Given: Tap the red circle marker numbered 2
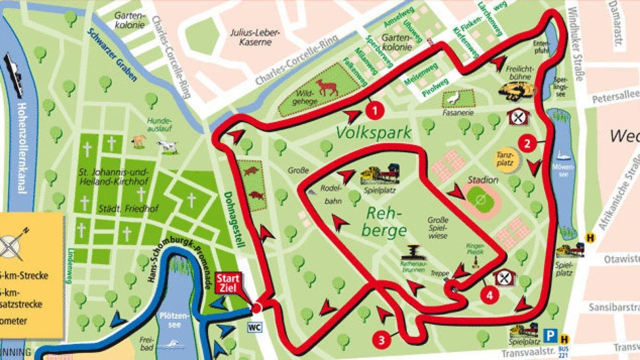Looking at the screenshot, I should [x=527, y=143].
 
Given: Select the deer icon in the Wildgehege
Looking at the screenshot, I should [x=326, y=87].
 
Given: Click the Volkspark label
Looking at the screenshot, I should [x=373, y=132].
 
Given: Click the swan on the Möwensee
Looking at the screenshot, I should [x=562, y=155].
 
